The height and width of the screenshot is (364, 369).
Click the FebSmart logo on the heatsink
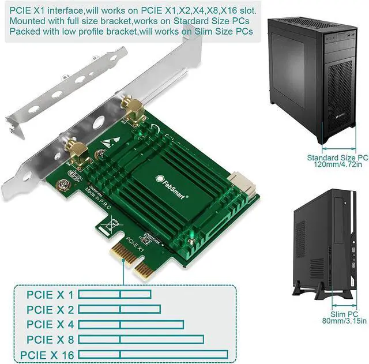coord(172,186)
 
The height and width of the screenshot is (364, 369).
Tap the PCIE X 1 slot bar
coord(115,294)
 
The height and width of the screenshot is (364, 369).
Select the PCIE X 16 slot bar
coord(153,355)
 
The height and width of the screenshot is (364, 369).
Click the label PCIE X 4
coord(50,324)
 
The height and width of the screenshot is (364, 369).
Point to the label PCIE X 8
coord(50,340)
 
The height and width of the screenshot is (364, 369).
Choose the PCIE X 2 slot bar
coord(119,309)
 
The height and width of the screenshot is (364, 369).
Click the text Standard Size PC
coord(337,157)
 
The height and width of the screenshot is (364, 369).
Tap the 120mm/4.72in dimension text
coord(338,164)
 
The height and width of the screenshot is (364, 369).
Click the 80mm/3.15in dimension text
coord(344,321)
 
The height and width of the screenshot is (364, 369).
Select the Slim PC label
coord(344,314)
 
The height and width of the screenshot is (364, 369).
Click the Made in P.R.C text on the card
coord(97,198)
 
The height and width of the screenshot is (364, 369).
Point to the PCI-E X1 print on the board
coord(134,245)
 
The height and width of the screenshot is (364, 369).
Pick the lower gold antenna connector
coord(78,153)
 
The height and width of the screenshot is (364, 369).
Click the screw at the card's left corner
coord(63,185)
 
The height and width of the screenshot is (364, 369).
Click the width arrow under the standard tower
coord(338,149)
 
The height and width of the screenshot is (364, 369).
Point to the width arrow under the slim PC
coord(344,306)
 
